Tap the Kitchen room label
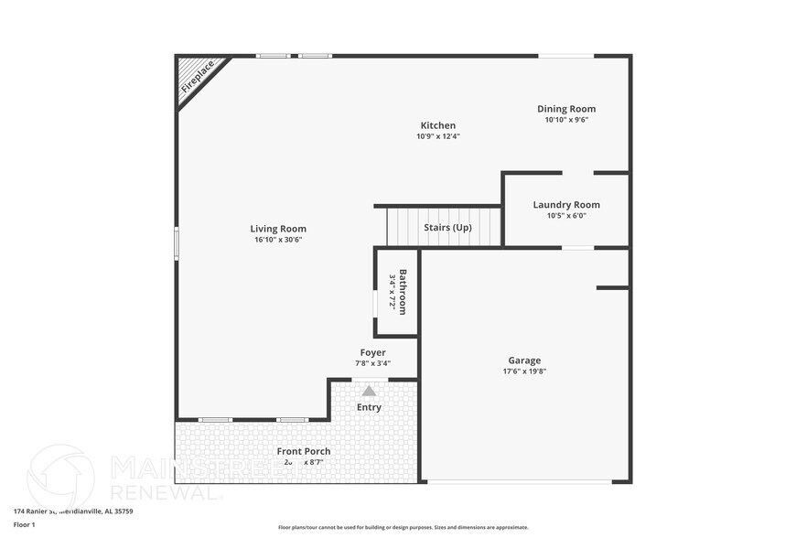[x=437, y=125]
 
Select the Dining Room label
[x=566, y=109]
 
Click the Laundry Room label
[x=566, y=205]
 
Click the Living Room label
[x=278, y=229]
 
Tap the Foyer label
[x=372, y=352]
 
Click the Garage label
[x=524, y=360]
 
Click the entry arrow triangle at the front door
[x=369, y=391]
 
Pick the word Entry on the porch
[x=369, y=407]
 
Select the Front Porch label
[x=304, y=451]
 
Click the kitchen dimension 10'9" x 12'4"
[x=437, y=137]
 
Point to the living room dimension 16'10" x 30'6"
[x=278, y=240]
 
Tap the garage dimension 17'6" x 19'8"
[x=524, y=371]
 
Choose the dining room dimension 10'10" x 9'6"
[x=566, y=120]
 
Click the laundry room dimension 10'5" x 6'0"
[x=566, y=216]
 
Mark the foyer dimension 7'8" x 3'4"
[x=372, y=363]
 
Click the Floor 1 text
[x=24, y=524]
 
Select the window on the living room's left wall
[x=177, y=243]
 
